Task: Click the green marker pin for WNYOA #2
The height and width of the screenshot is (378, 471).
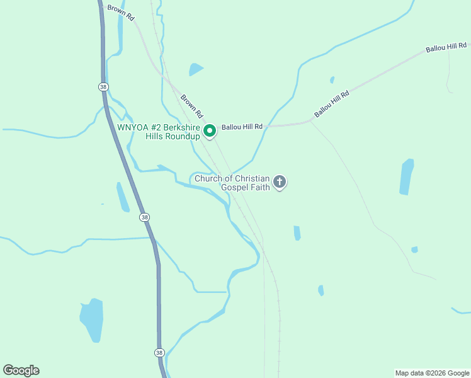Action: point(210,131)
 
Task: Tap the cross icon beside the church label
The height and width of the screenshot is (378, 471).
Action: point(280,182)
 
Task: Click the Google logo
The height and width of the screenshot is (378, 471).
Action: point(21,370)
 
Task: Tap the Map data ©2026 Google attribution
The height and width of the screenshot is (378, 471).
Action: point(432,373)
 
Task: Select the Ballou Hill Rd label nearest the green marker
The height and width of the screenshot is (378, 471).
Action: point(241,127)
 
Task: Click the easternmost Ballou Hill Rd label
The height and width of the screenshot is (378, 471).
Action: point(446,47)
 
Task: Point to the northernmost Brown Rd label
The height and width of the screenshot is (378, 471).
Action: point(122,13)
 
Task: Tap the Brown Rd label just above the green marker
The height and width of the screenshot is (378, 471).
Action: point(191,106)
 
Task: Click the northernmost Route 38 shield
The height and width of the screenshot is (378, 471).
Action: point(103,86)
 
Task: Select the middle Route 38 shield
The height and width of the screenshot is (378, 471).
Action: point(145,217)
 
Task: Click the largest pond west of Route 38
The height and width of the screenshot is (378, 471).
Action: point(92,319)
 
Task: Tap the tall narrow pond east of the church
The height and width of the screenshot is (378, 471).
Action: point(407,176)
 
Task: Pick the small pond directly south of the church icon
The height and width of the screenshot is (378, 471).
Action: point(297,233)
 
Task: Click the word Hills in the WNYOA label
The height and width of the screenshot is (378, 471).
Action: point(157,136)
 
